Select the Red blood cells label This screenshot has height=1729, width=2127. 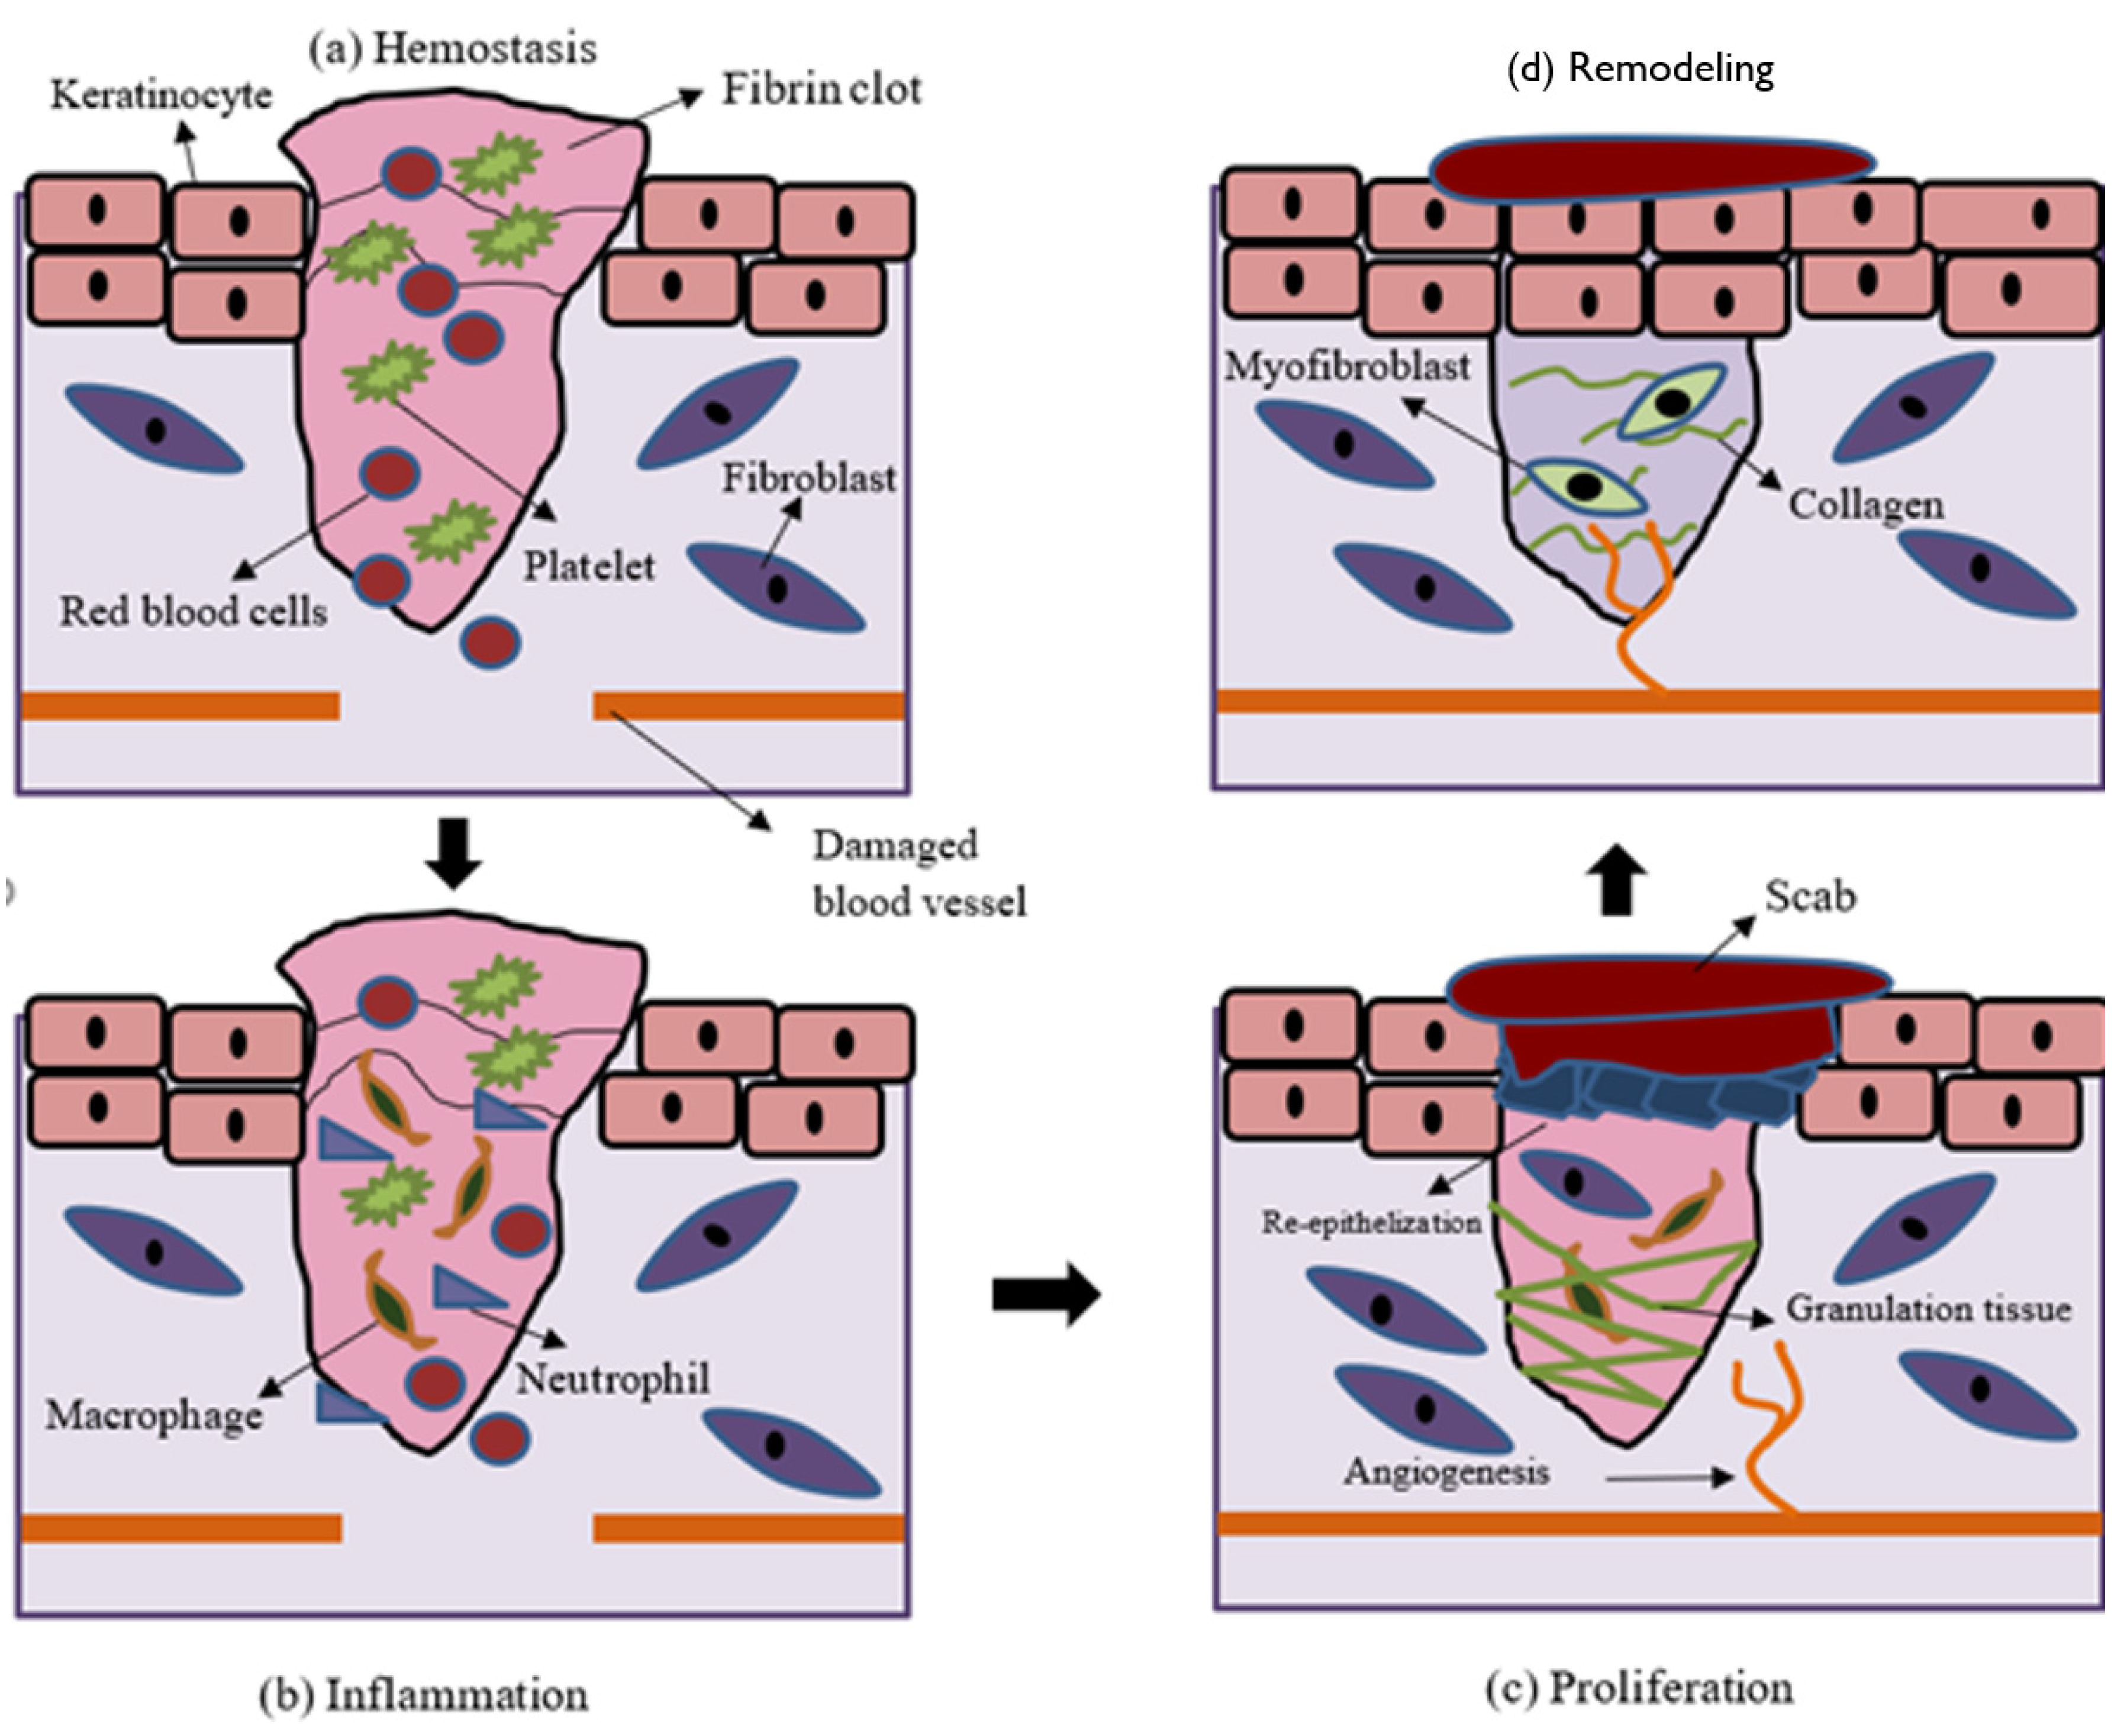(x=194, y=611)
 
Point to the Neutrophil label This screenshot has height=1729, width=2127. (x=613, y=1379)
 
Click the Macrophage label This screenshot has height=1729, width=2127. (x=154, y=1415)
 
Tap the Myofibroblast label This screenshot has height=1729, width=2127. (x=1347, y=366)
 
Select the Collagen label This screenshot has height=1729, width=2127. (x=1866, y=504)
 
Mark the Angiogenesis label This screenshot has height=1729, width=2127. (x=1446, y=1471)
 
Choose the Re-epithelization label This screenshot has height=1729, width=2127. (x=1372, y=1222)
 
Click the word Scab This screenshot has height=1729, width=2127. (x=1810, y=896)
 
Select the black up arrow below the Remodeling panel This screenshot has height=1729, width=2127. (x=1617, y=879)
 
